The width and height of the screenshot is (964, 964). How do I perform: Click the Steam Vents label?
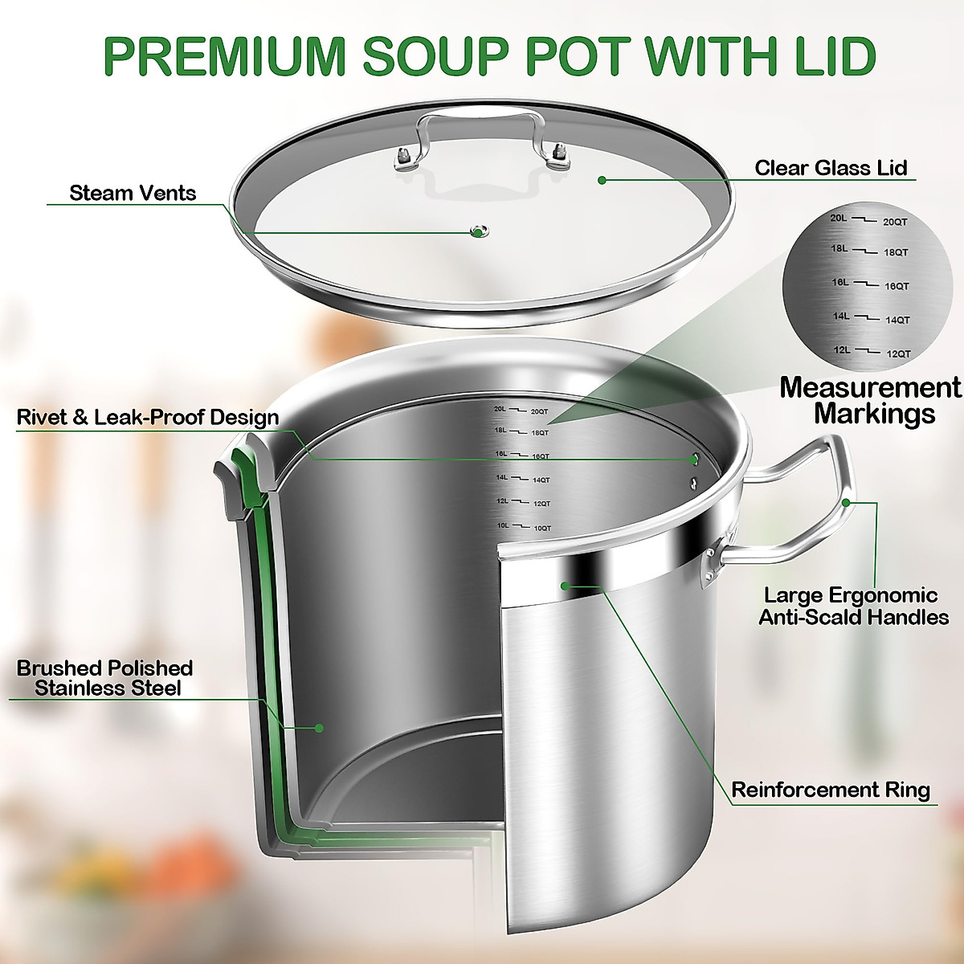(133, 193)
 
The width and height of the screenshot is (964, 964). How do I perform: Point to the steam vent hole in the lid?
(478, 232)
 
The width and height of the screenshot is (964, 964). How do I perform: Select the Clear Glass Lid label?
(830, 168)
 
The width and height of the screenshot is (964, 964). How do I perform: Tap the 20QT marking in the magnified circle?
(895, 222)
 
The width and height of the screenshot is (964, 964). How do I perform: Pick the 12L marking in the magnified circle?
(841, 350)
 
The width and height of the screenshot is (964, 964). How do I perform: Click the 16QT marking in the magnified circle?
(897, 287)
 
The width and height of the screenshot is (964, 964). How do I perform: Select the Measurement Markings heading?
(870, 400)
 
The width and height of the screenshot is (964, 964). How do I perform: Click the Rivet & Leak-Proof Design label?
(148, 418)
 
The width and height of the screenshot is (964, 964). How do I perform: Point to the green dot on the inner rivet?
(695, 460)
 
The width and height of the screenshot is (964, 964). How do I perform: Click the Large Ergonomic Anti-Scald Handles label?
(853, 607)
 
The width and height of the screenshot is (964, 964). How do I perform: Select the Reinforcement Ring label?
(830, 790)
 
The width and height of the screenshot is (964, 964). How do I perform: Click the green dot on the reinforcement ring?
(566, 585)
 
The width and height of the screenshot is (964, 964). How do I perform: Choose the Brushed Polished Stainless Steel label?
(105, 678)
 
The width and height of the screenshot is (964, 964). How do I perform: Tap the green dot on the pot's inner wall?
(319, 728)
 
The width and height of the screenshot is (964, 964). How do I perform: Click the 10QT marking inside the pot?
(541, 529)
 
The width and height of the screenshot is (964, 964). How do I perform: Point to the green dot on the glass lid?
(602, 180)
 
